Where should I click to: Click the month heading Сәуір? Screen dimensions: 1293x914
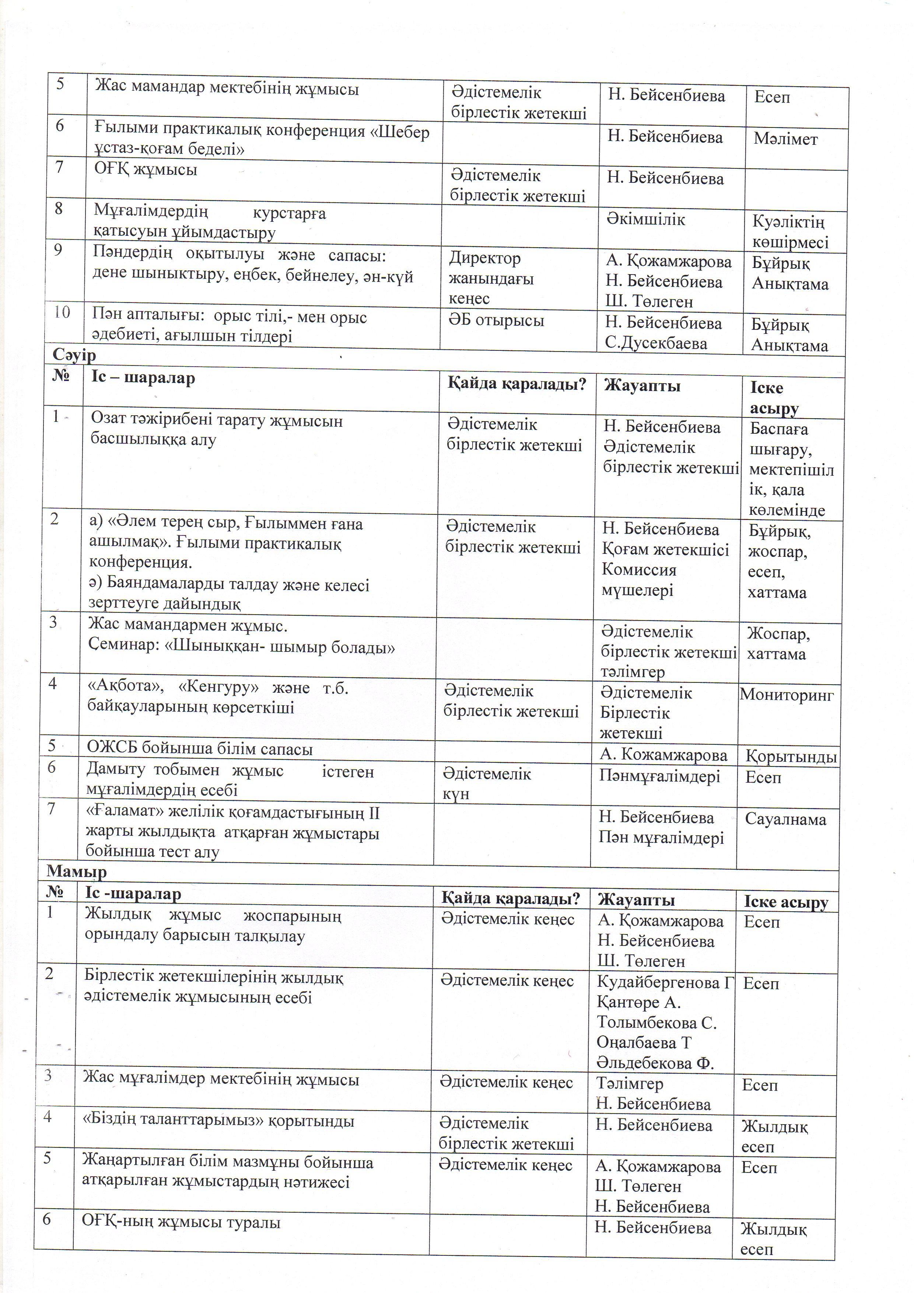tap(74, 355)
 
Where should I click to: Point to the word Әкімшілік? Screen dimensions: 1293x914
tap(645, 220)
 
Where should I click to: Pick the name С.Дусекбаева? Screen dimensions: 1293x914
tap(656, 343)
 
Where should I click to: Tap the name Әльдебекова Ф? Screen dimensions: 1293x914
tap(655, 1063)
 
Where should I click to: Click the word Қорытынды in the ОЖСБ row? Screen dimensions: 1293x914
tap(791, 756)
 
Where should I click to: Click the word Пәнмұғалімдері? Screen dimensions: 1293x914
tap(659, 777)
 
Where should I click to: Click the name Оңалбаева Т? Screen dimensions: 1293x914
tap(644, 1043)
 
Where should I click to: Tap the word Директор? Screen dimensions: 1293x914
tap(484, 258)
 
